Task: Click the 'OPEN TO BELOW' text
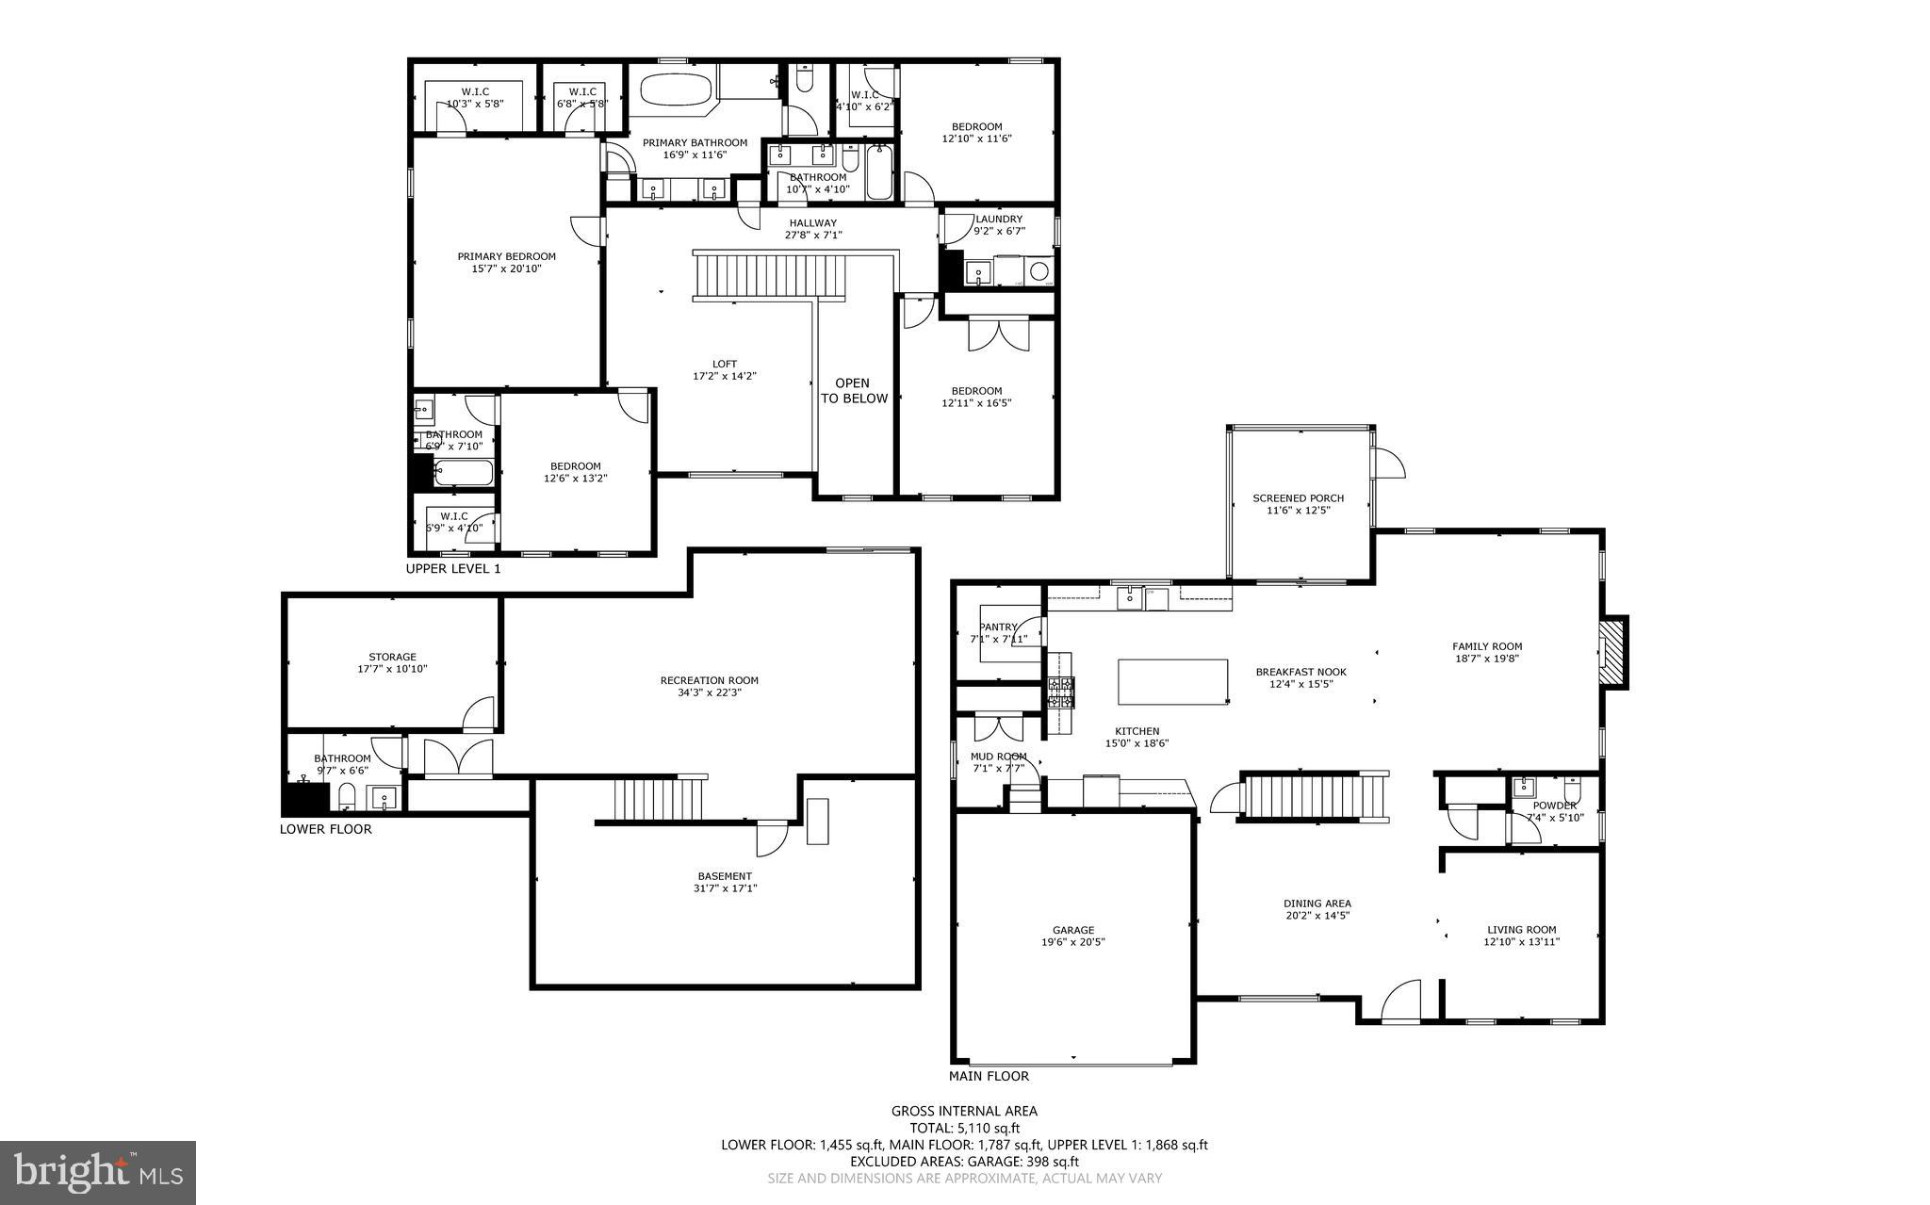click(x=854, y=391)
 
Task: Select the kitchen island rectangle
click(x=1172, y=681)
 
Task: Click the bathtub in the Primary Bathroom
click(x=676, y=92)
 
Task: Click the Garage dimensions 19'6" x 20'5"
click(x=1073, y=941)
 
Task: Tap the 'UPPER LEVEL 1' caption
click(x=452, y=569)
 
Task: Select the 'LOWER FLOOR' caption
click(x=325, y=829)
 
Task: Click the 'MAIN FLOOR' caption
click(x=989, y=1076)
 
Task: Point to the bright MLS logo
click(x=98, y=1172)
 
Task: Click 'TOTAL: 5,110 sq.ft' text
click(x=964, y=1128)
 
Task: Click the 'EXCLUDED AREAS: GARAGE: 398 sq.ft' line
click(x=964, y=1162)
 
